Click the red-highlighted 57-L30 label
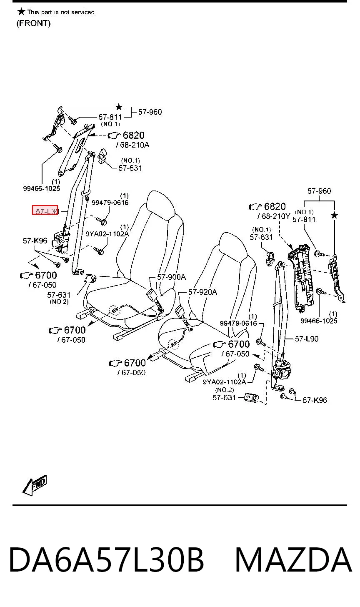point(45,210)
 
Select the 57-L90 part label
point(307,339)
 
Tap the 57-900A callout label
point(172,277)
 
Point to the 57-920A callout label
point(202,292)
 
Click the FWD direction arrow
point(35,485)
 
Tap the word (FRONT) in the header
point(34,23)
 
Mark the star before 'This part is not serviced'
point(21,11)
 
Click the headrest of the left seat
point(160,204)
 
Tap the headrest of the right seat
point(233,247)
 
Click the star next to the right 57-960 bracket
point(335,216)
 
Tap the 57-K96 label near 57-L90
point(315,400)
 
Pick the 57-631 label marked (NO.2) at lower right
point(224,398)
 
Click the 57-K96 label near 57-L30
point(35,241)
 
